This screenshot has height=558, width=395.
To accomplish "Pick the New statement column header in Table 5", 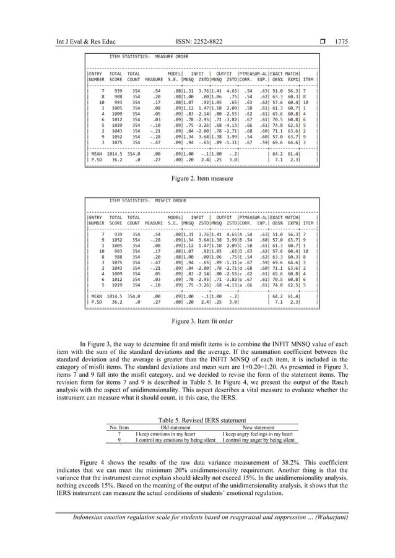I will point(258,427).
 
